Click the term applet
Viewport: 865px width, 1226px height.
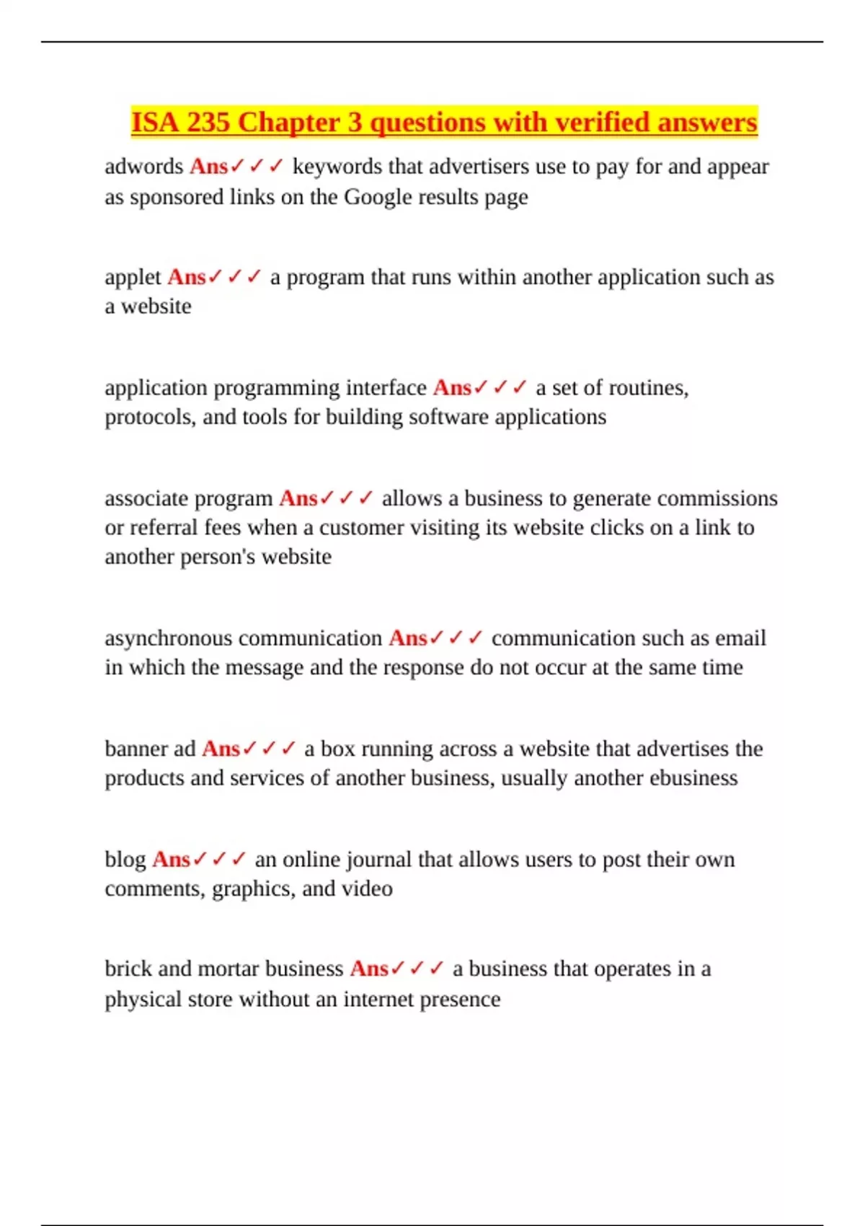[x=133, y=278]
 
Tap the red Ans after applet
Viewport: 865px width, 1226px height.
[x=187, y=278]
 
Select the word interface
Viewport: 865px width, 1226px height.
[x=386, y=388]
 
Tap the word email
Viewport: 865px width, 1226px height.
[x=740, y=638]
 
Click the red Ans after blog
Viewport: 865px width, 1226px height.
[x=171, y=860]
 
